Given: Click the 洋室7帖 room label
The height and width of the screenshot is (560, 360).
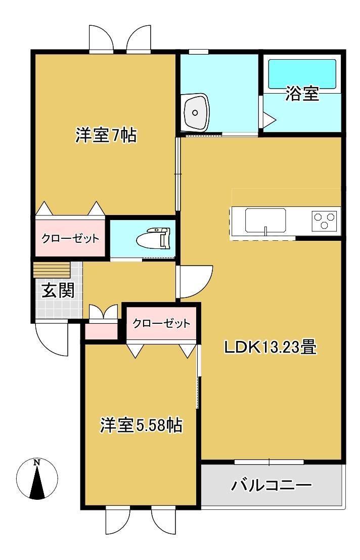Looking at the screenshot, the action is (106, 136).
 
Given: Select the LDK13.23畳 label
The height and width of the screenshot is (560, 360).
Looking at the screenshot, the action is (271, 347).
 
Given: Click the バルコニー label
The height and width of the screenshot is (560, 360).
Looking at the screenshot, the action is (272, 485).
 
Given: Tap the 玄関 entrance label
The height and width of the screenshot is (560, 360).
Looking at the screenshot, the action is (58, 290).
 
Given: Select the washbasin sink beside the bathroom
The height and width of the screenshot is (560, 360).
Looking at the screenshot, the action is (195, 112).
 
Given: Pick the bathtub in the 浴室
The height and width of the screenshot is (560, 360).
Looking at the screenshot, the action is (302, 74).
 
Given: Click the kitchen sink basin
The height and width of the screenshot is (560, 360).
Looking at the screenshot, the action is (265, 221).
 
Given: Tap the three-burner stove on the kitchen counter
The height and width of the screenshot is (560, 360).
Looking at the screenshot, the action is (324, 221).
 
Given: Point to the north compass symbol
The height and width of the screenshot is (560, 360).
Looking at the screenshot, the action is (37, 478).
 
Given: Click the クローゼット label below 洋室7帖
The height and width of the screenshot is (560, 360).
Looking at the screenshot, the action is (70, 238).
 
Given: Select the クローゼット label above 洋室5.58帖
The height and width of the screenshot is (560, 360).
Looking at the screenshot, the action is (161, 324).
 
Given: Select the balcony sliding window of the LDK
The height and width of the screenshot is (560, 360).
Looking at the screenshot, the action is (269, 462).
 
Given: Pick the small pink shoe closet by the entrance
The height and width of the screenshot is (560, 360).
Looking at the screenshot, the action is (101, 331).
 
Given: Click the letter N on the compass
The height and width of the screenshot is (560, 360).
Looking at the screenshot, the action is (37, 462).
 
